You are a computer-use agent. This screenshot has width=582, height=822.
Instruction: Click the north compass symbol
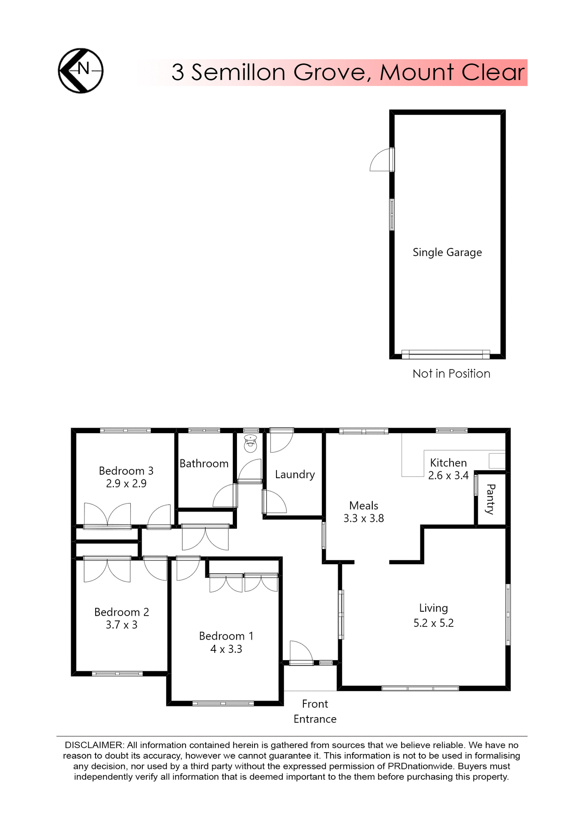click(81, 71)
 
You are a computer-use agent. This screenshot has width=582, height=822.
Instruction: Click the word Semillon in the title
click(238, 72)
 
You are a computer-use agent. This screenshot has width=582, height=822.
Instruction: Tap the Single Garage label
click(447, 253)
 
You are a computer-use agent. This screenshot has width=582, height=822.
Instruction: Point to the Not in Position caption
click(451, 374)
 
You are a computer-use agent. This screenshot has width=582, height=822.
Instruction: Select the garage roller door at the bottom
click(445, 354)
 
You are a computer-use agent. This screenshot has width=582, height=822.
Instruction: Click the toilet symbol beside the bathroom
click(250, 444)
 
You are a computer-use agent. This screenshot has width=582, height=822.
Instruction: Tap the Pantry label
click(491, 499)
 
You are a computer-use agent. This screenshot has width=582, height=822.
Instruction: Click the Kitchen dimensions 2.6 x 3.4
click(448, 476)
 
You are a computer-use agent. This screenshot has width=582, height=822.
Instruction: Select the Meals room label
click(363, 506)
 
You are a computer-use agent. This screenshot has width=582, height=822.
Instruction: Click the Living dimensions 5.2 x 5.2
click(433, 623)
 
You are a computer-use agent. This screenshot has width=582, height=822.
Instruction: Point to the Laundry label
click(295, 474)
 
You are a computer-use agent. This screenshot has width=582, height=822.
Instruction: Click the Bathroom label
click(204, 464)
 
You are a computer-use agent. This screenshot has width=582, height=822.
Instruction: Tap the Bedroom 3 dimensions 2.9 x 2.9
click(126, 484)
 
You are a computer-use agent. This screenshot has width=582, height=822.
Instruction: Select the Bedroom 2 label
click(122, 612)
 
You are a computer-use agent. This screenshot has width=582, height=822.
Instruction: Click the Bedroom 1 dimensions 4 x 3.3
click(226, 649)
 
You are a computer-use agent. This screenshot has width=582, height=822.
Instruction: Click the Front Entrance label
click(315, 712)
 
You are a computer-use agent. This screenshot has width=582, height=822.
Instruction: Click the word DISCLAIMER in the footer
click(93, 745)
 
